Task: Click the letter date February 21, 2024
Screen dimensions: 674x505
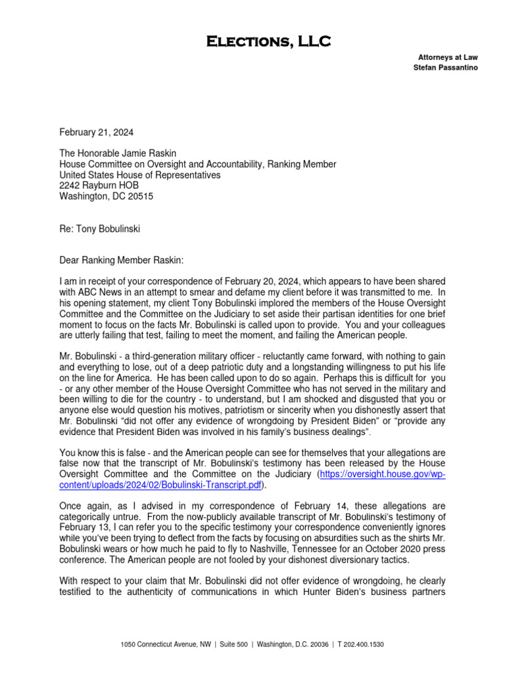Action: (x=96, y=132)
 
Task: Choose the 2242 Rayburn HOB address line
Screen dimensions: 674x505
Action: (x=99, y=186)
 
